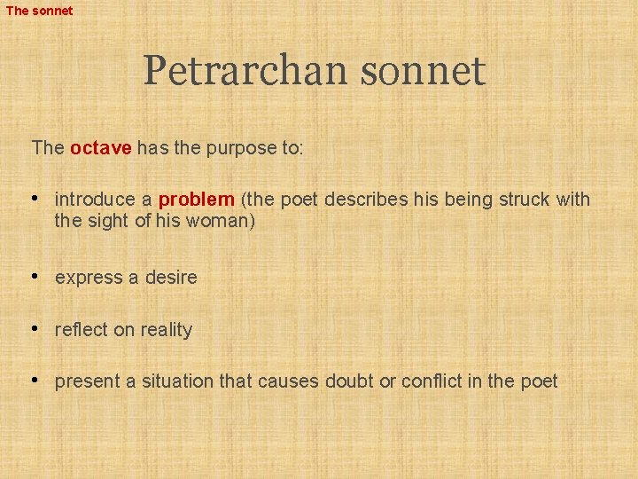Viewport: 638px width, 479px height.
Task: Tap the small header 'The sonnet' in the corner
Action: tap(39, 11)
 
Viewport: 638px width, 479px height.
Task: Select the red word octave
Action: tap(100, 148)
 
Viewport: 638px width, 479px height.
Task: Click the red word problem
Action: tap(196, 200)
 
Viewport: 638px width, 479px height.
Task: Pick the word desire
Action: tap(173, 278)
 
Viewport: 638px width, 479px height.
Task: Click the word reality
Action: tap(166, 330)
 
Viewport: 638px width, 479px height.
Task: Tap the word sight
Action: tap(107, 221)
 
